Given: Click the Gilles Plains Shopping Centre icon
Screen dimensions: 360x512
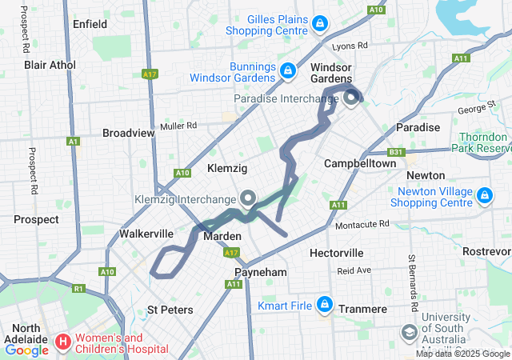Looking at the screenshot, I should coord(320,23).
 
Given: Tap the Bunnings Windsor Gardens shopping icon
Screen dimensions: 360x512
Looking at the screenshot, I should coord(286,71).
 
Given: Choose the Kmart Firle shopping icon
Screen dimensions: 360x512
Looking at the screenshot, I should coord(324,304).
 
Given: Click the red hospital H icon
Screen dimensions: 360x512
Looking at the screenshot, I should coord(62,343).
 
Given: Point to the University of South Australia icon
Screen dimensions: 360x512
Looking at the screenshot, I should coord(409,331).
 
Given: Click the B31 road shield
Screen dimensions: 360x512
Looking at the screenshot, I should coord(395,150).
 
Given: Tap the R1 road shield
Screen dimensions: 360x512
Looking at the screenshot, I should coord(78,288).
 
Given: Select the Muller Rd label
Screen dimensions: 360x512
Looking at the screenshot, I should coord(178,126).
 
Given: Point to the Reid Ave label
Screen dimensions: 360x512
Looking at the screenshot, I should coord(354,270).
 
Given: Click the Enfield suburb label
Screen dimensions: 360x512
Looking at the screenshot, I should coord(90,24).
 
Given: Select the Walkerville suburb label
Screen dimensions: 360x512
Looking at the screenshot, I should coord(146,234).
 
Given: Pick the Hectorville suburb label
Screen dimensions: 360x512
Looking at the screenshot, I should coord(336,253).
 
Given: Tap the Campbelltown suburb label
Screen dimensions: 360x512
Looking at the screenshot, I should coord(359,163).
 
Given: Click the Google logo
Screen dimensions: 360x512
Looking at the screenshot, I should coord(26,350).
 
